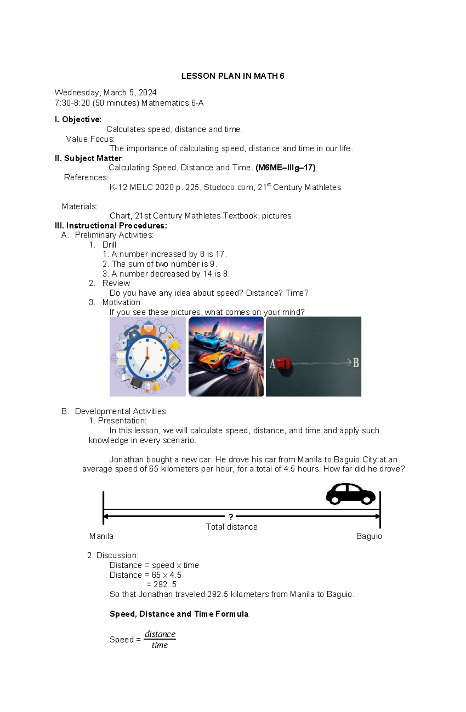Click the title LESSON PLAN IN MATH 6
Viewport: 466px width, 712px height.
233,76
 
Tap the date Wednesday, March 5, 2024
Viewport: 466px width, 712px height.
105,92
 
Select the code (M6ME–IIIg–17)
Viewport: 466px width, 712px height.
285,168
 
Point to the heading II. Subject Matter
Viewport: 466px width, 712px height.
88,158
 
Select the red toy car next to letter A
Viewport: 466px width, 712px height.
283,364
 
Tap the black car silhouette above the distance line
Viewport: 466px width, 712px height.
350,494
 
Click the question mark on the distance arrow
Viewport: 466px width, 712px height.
231,517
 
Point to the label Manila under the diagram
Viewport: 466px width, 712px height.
101,536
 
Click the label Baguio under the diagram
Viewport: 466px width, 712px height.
369,536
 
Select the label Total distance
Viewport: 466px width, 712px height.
231,527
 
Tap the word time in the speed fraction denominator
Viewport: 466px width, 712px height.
160,645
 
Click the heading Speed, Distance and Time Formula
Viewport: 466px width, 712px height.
179,614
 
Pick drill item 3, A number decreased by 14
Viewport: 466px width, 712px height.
166,274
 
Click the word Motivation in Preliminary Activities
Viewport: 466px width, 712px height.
121,302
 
